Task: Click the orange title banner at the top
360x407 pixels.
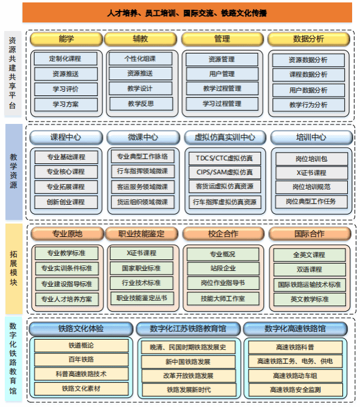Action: click(187, 13)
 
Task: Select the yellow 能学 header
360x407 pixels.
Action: click(66, 39)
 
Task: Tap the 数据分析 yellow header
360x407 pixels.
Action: click(308, 39)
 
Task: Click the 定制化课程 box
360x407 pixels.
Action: click(66, 59)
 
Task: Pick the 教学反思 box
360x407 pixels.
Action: click(141, 104)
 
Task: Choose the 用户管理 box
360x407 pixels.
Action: click(222, 74)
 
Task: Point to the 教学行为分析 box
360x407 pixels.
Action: click(308, 105)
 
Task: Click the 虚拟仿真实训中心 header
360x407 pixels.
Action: click(225, 137)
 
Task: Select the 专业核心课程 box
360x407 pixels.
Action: click(66, 172)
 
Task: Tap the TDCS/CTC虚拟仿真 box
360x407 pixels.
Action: click(224, 159)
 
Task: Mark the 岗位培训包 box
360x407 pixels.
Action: click(311, 159)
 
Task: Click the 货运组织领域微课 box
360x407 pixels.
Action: click(143, 202)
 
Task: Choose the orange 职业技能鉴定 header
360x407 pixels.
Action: click(142, 234)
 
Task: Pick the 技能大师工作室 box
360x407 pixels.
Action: click(223, 299)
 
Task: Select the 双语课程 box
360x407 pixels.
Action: click(310, 270)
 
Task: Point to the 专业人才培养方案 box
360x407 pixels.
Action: click(67, 299)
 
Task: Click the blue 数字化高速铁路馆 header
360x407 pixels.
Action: click(296, 329)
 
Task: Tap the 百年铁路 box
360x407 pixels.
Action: click(81, 360)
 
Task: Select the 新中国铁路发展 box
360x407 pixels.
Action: click(188, 362)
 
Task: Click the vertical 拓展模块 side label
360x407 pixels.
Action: click(14, 268)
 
